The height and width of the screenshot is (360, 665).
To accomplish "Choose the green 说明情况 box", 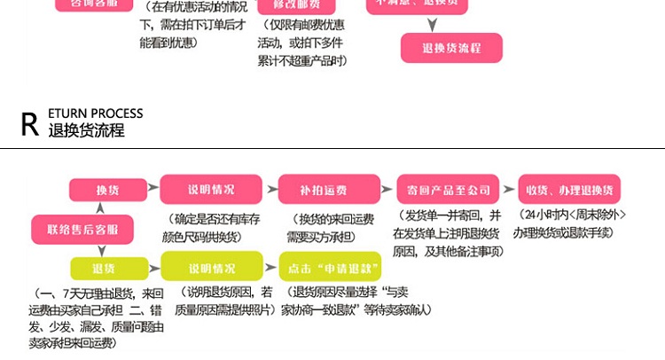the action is [x=211, y=267].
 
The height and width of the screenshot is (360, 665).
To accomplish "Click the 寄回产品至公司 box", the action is [x=442, y=190].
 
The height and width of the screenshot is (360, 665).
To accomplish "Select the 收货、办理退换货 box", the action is [x=571, y=190].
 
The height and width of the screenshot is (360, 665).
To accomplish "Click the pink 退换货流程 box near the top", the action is [x=451, y=48].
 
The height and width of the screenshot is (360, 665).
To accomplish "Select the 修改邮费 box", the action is [x=297, y=4].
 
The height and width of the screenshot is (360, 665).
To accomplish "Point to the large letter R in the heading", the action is [x=30, y=124].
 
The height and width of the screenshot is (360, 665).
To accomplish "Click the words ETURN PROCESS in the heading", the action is [x=96, y=113].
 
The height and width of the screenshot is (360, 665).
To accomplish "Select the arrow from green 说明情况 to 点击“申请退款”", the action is [x=271, y=267].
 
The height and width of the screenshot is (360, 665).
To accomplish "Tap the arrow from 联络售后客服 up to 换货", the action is [x=99, y=208].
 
